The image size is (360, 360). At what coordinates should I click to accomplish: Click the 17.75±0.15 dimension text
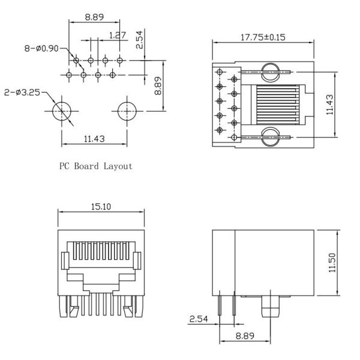point(263,37)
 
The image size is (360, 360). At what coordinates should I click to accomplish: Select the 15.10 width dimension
point(101,207)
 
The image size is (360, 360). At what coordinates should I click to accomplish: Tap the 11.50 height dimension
point(333,262)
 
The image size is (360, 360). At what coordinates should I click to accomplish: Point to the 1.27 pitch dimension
point(118,35)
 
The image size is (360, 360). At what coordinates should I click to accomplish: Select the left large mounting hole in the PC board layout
point(61,111)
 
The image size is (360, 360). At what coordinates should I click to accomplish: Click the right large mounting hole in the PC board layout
point(126,111)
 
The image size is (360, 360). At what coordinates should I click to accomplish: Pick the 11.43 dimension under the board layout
point(94,139)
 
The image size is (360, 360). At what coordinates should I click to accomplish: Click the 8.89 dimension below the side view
point(243,336)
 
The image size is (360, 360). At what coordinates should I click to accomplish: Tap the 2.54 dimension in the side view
point(198,319)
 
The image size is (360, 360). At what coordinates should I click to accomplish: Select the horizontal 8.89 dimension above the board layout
point(94,17)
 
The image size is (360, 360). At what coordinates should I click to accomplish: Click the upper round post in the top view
point(271,71)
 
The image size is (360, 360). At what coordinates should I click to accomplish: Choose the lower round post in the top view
point(271,137)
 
